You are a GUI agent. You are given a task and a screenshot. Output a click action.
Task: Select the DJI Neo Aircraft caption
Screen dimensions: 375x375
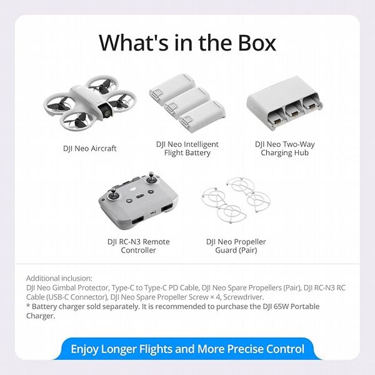[90, 149]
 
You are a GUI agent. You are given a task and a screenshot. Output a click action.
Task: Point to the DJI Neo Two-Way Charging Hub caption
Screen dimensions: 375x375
[285, 149]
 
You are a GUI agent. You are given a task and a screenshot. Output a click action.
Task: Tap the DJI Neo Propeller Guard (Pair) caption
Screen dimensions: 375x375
[236, 246]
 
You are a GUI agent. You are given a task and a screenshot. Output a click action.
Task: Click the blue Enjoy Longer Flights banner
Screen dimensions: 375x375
[187, 349]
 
